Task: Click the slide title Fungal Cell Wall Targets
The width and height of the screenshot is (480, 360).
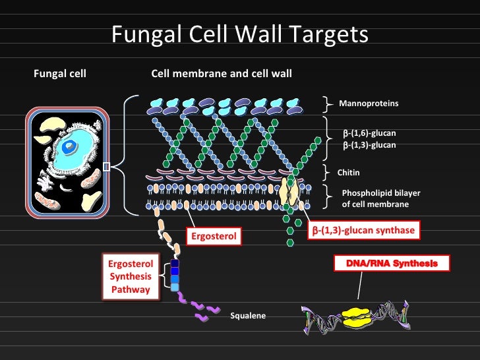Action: tap(239, 35)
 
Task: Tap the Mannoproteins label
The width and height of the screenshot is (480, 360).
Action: tap(369, 104)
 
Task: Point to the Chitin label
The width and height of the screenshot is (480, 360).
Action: tap(348, 172)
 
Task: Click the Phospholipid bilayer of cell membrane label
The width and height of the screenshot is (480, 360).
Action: tap(380, 198)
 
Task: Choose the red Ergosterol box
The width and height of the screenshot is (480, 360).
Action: tap(213, 236)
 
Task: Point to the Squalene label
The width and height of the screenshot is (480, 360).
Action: tap(248, 316)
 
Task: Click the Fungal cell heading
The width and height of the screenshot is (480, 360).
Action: tap(59, 74)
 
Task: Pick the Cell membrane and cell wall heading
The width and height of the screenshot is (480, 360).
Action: tap(222, 74)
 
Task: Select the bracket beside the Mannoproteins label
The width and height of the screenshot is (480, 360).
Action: tap(328, 104)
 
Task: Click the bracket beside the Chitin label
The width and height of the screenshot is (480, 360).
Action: tap(328, 172)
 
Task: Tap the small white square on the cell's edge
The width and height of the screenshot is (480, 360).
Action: tap(107, 167)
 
